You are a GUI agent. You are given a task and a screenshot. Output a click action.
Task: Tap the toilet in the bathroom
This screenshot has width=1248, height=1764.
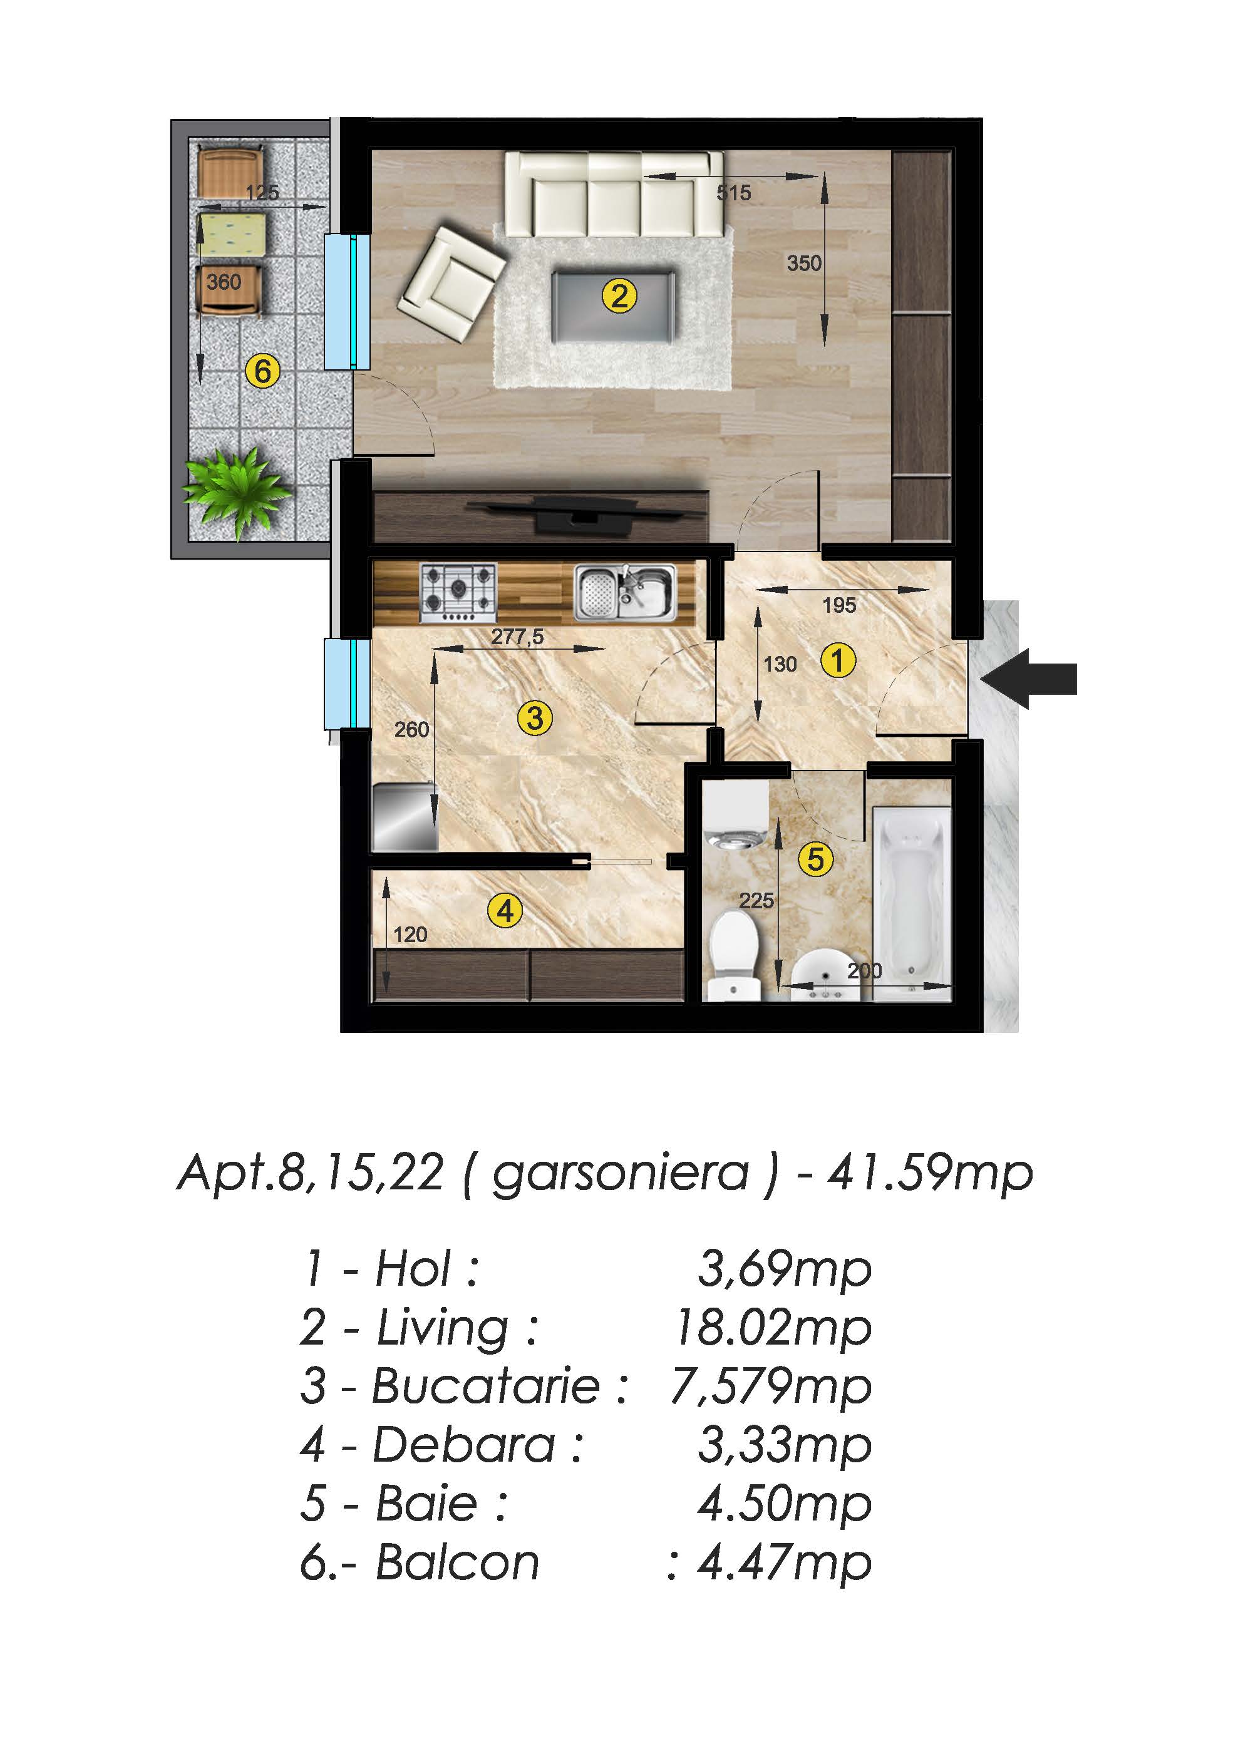pos(735,955)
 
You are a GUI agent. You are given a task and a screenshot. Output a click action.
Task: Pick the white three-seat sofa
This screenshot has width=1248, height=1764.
pos(613,195)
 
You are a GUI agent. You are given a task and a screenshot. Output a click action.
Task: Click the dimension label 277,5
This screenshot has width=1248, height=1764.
pos(517,636)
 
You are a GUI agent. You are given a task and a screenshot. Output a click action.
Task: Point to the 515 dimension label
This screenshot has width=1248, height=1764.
pos(734,192)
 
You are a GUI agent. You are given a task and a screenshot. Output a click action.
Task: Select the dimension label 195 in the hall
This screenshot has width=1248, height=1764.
pos(839,605)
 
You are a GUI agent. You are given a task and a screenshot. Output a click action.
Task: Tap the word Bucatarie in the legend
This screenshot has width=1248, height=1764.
pos(487,1386)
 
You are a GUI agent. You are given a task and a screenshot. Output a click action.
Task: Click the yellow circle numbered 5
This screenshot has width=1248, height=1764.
pos(815,858)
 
